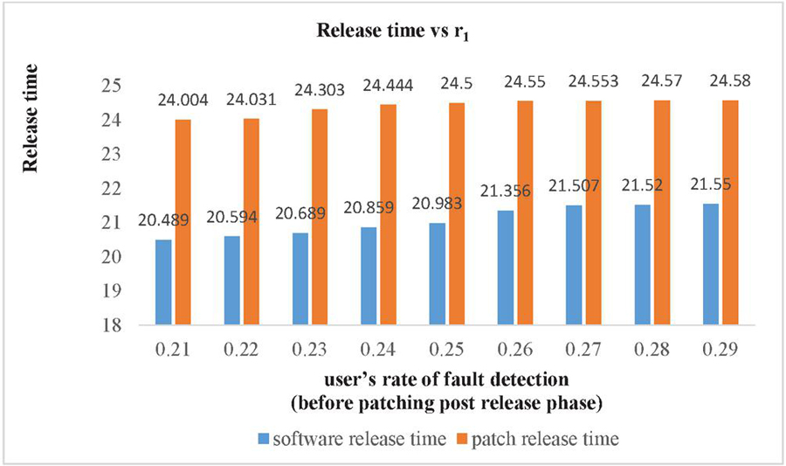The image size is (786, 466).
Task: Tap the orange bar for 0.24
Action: (x=388, y=214)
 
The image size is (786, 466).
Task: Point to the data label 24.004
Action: (x=183, y=101)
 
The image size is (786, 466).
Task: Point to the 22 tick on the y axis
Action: (x=119, y=188)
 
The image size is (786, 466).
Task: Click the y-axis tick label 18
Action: (x=119, y=325)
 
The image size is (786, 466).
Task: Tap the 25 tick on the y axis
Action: (x=119, y=86)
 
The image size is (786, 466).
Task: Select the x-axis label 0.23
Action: (x=311, y=350)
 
